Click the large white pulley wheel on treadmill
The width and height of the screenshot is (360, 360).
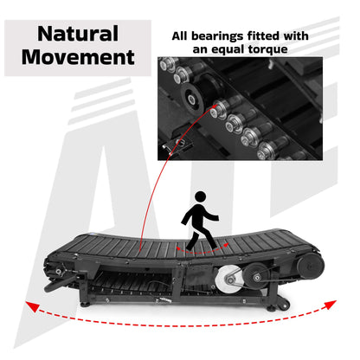click(x=229, y=277)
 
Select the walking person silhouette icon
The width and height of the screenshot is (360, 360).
click(x=201, y=220)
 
